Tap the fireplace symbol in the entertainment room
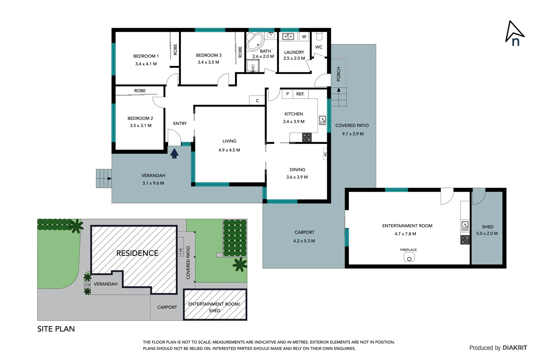[x=409, y=257]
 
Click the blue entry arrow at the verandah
[x=174, y=154]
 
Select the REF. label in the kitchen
[x=300, y=94]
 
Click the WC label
[x=319, y=47]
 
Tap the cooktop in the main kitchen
[x=307, y=137]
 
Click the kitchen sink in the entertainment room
[x=465, y=226]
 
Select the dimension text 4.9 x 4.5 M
[x=229, y=150]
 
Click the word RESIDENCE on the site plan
[x=137, y=253]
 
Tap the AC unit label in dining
[x=325, y=154]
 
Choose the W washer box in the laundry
[x=304, y=37]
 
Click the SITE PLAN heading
[x=56, y=329]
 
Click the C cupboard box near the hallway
[x=257, y=101]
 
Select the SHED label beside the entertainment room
[x=487, y=227]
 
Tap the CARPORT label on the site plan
[x=167, y=307]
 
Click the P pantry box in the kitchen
[x=287, y=94]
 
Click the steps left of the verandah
[x=104, y=178]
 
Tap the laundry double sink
[x=288, y=37]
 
